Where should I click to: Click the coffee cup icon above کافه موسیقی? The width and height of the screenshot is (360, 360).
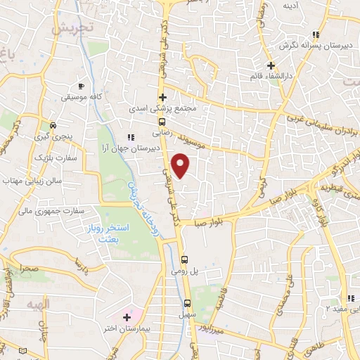(82, 86)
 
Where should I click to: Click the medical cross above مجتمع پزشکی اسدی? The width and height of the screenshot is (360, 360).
(163, 98)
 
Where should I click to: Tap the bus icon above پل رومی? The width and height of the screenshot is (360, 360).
(184, 258)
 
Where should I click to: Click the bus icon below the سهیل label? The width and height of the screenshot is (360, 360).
(187, 304)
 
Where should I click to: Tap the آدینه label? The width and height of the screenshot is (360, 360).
(291, 6)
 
